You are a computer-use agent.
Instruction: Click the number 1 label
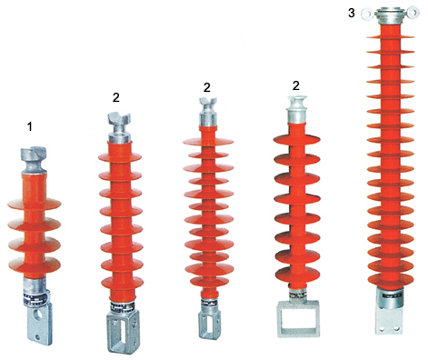tap(30, 126)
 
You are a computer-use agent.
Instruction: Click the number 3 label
tap(352, 13)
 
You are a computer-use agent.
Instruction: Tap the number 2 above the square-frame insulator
tap(296, 85)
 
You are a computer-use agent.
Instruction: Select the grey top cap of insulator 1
tap(34, 160)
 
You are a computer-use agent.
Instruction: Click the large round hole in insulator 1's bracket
tap(38, 315)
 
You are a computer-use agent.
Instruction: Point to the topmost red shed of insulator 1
tap(35, 204)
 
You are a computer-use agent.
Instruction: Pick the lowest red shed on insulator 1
tap(35, 265)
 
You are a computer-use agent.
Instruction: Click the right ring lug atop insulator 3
tap(413, 13)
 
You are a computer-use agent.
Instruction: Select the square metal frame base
tap(298, 318)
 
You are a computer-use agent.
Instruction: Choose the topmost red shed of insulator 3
tap(391, 37)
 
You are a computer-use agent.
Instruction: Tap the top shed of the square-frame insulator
tap(297, 139)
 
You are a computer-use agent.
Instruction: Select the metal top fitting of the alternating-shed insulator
tap(208, 112)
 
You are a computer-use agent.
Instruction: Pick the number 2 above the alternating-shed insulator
tap(207, 87)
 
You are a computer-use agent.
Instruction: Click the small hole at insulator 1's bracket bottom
tap(37, 336)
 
